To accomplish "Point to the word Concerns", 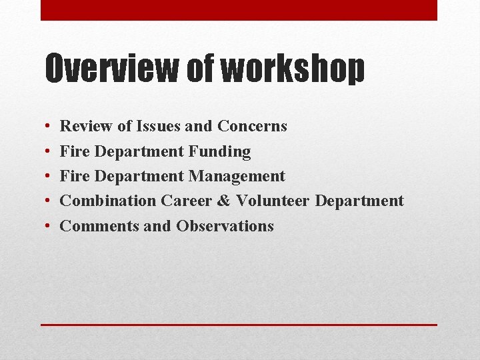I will pos(252,126).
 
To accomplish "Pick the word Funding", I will pos(219,152).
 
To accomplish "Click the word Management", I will pos(237,177).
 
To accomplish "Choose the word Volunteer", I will pos(273,201).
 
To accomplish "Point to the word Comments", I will pos(99,226).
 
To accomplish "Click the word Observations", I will pos(225,226).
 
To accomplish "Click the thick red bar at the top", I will pos(239,10).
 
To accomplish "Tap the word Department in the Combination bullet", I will pos(359,201).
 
